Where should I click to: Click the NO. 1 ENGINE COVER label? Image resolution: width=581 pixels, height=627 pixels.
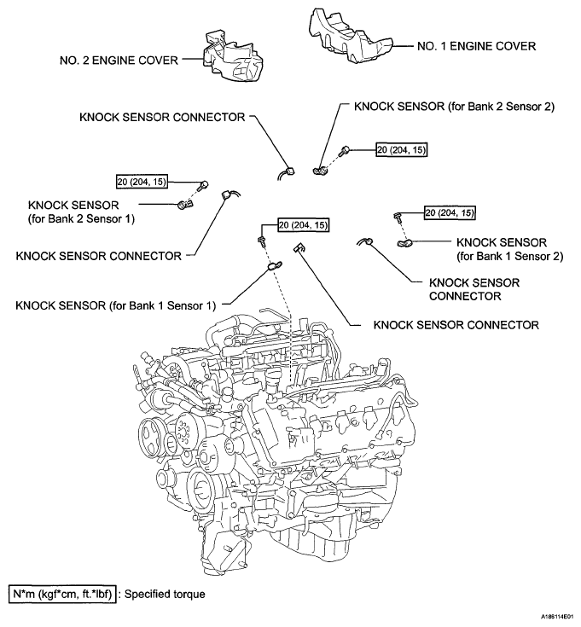475,46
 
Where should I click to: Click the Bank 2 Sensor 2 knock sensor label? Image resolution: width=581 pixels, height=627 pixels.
455,107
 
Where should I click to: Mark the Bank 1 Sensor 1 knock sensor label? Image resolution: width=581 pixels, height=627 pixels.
115,303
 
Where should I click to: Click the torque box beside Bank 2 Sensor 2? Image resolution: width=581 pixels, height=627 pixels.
401,149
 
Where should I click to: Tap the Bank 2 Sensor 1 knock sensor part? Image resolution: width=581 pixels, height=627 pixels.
186,204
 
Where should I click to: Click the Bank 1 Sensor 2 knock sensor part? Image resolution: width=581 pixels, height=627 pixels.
406,245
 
